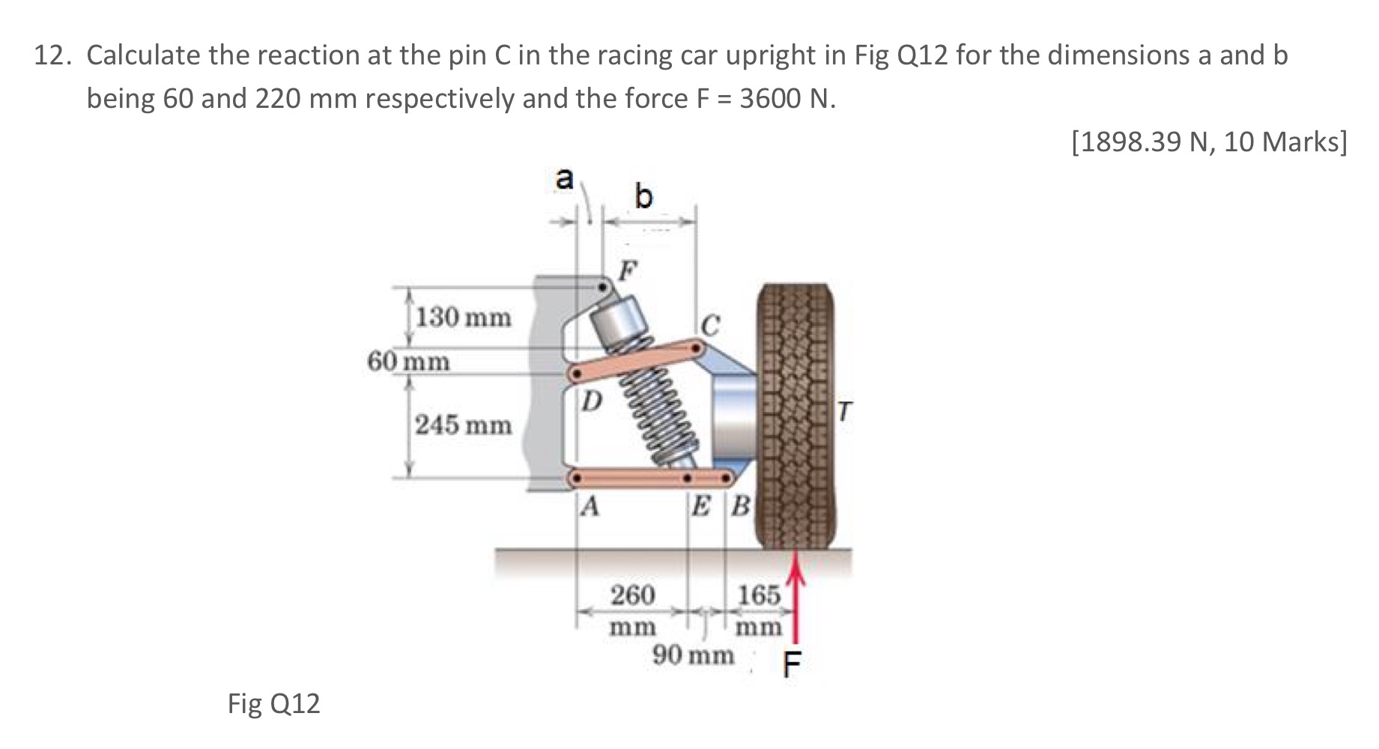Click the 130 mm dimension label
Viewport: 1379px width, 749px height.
[464, 318]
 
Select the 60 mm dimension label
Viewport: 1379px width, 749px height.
[409, 362]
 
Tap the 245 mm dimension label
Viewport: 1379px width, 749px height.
[464, 425]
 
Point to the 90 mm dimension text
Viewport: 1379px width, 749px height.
[693, 655]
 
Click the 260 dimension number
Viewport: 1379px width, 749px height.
[633, 596]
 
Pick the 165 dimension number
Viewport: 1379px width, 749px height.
[760, 596]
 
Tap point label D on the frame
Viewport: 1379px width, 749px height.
[591, 402]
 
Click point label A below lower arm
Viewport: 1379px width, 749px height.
[590, 508]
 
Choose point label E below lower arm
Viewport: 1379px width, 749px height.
[702, 508]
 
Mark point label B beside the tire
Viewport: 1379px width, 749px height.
[739, 508]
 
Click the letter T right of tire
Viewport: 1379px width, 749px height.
[845, 410]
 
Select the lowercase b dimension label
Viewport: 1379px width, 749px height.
[643, 197]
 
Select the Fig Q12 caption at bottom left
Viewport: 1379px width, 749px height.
[273, 703]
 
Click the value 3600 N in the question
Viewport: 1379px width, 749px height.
[786, 98]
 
